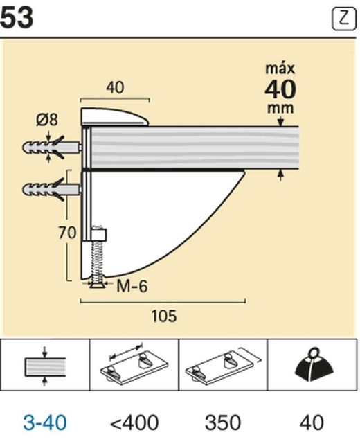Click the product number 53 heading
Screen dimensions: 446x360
pyautogui.click(x=17, y=17)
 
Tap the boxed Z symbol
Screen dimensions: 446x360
pyautogui.click(x=343, y=19)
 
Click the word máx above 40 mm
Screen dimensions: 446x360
pyautogui.click(x=280, y=69)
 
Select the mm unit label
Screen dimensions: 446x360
pyautogui.click(x=280, y=108)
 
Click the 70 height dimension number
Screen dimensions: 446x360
pyautogui.click(x=67, y=233)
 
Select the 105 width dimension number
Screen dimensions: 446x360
pyautogui.click(x=163, y=316)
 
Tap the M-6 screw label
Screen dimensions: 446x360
pyautogui.click(x=132, y=285)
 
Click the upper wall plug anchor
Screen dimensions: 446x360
pyautogui.click(x=51, y=149)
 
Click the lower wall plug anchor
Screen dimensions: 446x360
pyautogui.click(x=51, y=188)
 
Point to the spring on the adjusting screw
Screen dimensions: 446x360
pyautogui.click(x=98, y=260)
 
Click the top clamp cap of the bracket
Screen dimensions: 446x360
pyautogui.click(x=115, y=116)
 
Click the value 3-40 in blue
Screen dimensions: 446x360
pyautogui.click(x=45, y=422)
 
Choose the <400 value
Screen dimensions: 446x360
pyautogui.click(x=134, y=422)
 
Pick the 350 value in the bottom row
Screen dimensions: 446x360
pyautogui.click(x=223, y=422)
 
